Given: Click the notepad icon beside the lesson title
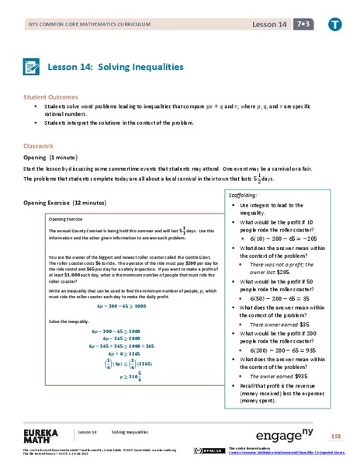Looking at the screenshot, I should point(32,67).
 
